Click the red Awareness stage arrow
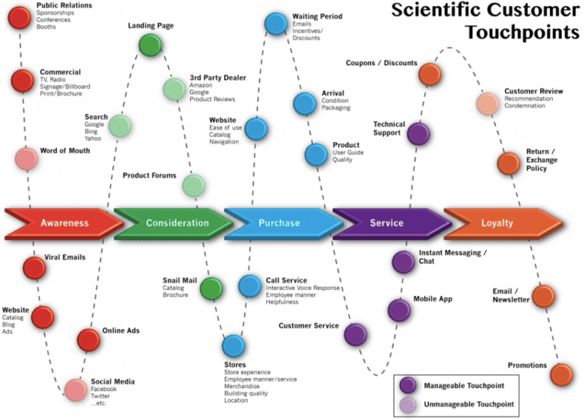click(x=65, y=223)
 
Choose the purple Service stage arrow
click(x=387, y=223)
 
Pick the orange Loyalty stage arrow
click(x=497, y=223)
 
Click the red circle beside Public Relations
click(x=19, y=17)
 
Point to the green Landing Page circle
click(x=150, y=45)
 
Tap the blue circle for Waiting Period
click(x=276, y=24)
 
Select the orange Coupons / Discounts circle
click(x=429, y=74)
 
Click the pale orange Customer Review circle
click(x=487, y=103)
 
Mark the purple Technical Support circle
click(x=417, y=134)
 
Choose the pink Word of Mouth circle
click(x=27, y=159)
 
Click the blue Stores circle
click(x=233, y=346)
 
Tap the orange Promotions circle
click(x=560, y=374)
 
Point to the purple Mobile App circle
click(x=399, y=310)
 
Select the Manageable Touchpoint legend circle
click(x=409, y=384)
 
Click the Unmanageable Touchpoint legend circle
click(x=409, y=404)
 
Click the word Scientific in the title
click(x=436, y=11)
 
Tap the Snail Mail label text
click(x=179, y=280)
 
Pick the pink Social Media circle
click(x=75, y=390)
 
